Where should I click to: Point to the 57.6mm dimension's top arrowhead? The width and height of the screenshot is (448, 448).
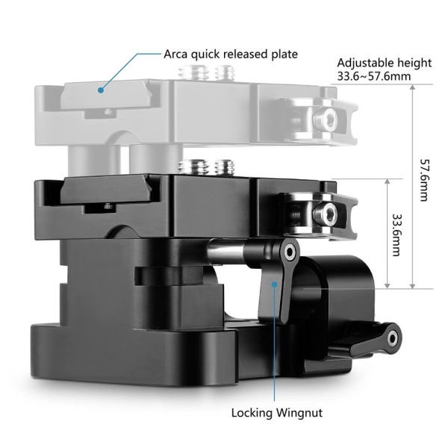pos(412,87)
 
